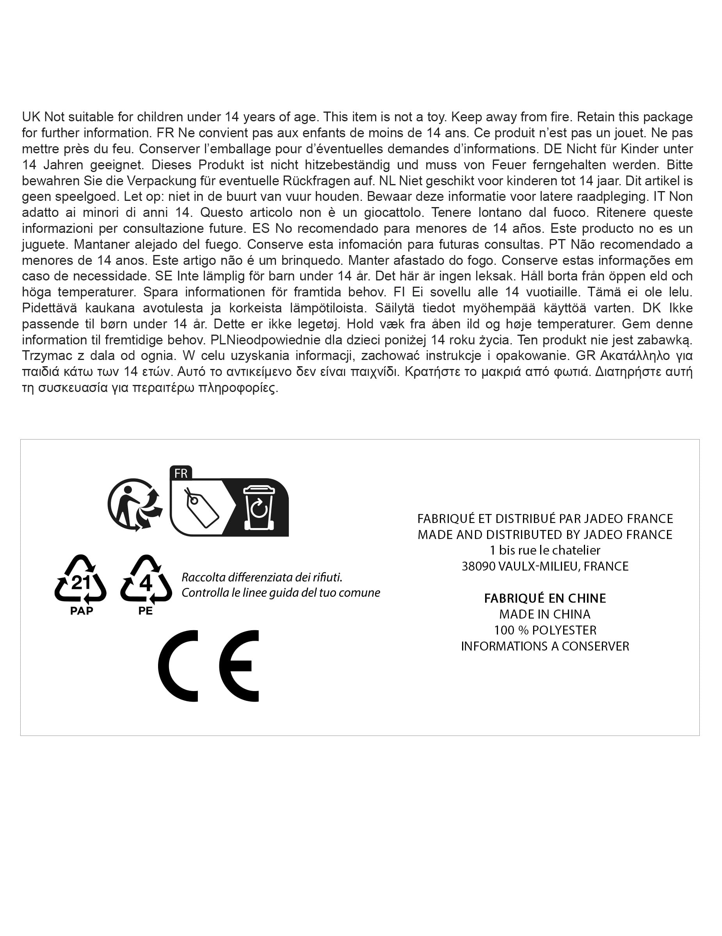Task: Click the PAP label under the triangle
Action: click(82, 611)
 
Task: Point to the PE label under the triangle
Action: click(145, 611)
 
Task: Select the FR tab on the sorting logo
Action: click(181, 473)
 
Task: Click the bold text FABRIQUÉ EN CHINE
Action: click(545, 598)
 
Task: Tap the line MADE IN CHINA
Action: click(545, 614)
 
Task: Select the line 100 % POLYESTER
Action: click(545, 630)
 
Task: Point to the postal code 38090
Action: click(478, 567)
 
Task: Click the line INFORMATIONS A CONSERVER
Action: click(545, 646)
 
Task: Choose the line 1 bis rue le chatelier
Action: click(545, 550)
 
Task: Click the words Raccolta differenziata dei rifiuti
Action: click(262, 577)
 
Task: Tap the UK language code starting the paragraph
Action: click(31, 117)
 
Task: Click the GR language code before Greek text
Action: click(585, 356)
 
